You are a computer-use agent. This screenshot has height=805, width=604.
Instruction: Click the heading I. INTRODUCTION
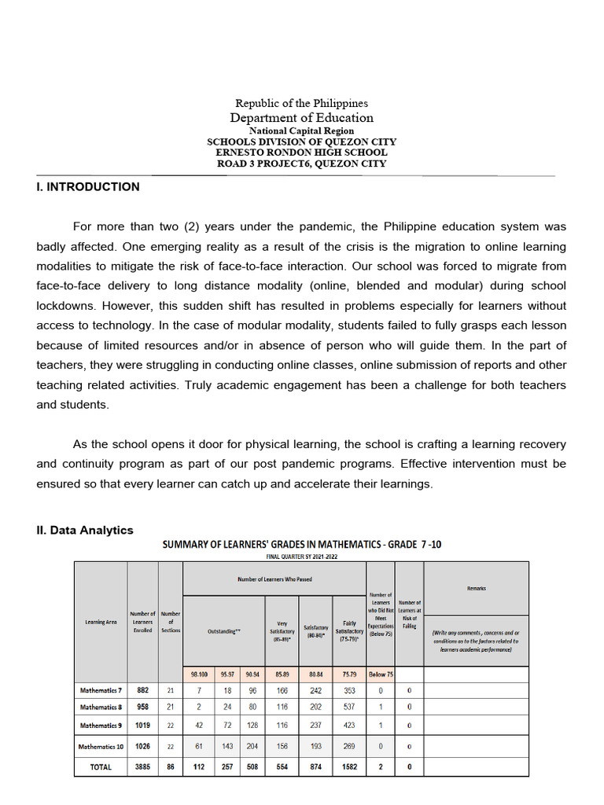point(88,187)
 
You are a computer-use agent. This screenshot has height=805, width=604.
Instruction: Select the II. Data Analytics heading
point(85,531)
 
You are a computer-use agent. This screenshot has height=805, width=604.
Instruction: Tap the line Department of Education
point(301,118)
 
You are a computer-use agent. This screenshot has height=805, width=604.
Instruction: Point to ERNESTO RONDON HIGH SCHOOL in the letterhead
point(301,153)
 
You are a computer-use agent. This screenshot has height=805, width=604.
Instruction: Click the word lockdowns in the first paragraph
point(65,306)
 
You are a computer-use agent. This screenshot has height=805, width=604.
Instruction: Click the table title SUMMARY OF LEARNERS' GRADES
point(301,544)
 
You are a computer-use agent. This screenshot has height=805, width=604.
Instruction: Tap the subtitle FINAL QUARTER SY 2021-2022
point(301,557)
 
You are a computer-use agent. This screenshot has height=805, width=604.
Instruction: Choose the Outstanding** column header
point(223,631)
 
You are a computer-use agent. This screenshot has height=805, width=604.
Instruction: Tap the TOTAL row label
point(101,767)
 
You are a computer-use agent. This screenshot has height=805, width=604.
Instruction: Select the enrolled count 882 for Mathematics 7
point(142,690)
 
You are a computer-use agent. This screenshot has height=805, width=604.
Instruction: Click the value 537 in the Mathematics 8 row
point(348,707)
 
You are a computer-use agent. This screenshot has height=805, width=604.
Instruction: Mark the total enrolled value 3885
point(142,767)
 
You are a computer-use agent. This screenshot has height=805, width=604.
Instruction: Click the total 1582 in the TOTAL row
point(348,767)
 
